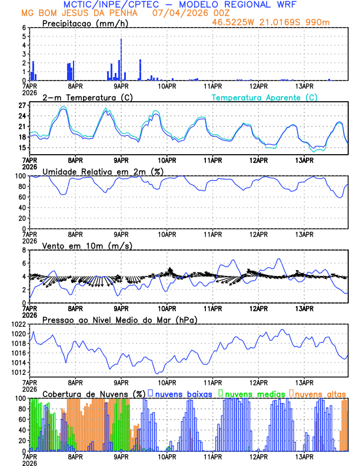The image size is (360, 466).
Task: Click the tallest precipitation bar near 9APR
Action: pyautogui.click(x=121, y=59)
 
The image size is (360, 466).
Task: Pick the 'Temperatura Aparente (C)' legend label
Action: pyautogui.click(x=264, y=97)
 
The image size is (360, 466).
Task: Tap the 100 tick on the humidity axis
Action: pyautogui.click(x=21, y=176)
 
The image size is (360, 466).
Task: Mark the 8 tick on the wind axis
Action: pyautogui.click(x=25, y=250)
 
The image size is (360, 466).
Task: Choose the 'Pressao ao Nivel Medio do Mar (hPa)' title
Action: pyautogui.click(x=119, y=319)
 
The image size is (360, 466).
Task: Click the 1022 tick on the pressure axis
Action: pyautogui.click(x=19, y=324)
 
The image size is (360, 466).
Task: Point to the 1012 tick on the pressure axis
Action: pyautogui.click(x=19, y=372)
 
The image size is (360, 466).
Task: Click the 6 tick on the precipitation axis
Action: pyautogui.click(x=25, y=28)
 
